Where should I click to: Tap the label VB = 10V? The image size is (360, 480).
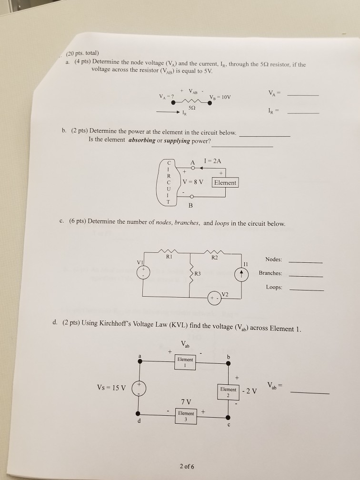(x=220, y=98)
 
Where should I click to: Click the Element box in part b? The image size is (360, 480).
(x=225, y=183)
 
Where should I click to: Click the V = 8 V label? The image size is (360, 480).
(x=193, y=182)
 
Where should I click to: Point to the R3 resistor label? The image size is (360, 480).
(x=198, y=274)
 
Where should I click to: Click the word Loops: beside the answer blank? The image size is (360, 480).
(x=274, y=288)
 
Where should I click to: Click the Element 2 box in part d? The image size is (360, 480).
(x=228, y=391)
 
